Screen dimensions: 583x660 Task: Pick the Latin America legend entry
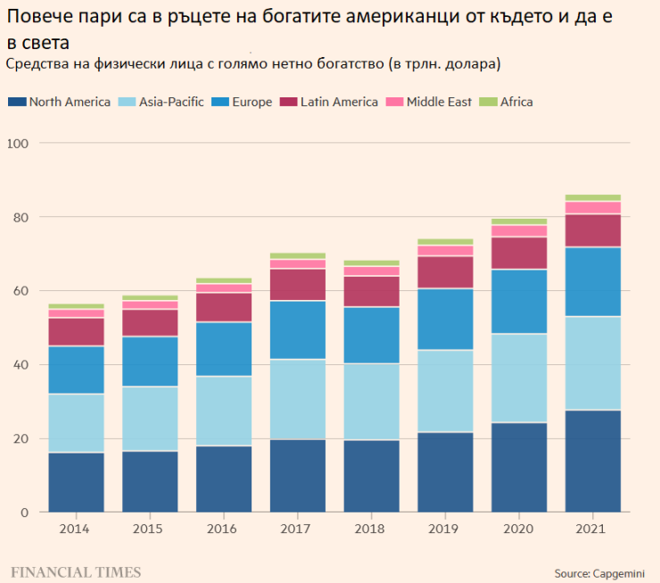[330, 102]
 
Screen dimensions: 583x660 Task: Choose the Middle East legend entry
[432, 102]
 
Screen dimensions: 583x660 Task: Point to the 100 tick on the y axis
[19, 144]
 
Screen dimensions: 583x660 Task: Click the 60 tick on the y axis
[19, 291]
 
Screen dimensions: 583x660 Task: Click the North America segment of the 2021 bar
[593, 461]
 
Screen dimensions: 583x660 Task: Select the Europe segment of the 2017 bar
[297, 329]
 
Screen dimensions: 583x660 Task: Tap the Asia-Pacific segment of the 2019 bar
[445, 391]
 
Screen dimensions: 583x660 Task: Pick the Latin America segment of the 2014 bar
[76, 331]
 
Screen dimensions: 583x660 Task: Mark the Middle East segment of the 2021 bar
[593, 208]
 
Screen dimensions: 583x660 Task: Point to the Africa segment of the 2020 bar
[519, 221]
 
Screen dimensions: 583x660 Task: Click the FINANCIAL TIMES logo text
[75, 570]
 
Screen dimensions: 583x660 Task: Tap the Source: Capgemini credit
[598, 572]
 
